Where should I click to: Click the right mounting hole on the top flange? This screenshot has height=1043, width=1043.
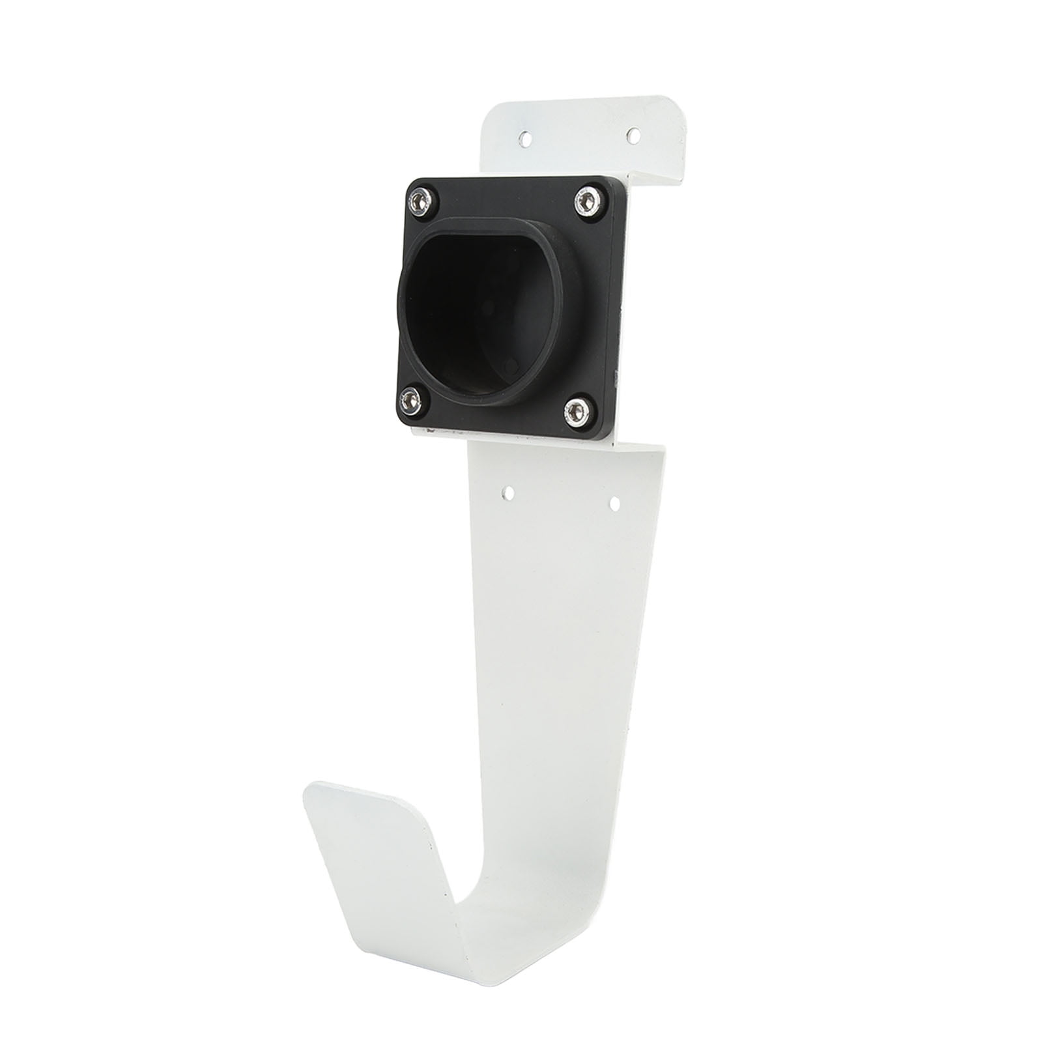631,135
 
